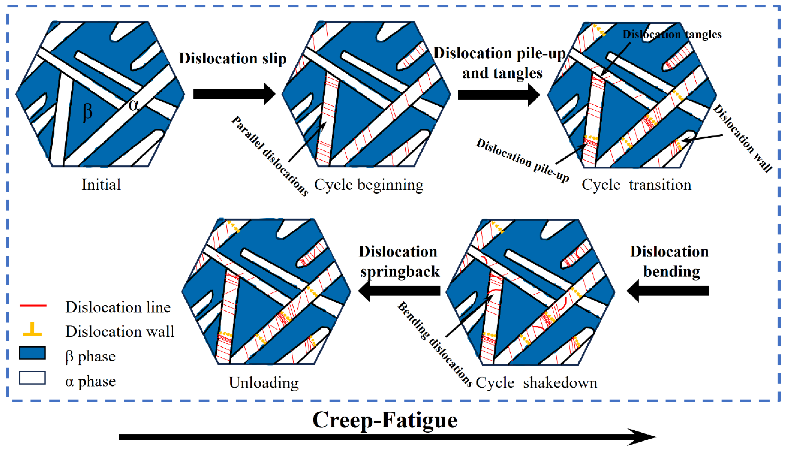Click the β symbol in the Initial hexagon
coord(88,112)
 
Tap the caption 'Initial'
coord(101,185)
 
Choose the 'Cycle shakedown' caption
coord(536,382)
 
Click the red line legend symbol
coord(33,306)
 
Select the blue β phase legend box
coord(32,353)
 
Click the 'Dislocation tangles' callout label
coord(672,34)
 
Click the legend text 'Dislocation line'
coord(118,307)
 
